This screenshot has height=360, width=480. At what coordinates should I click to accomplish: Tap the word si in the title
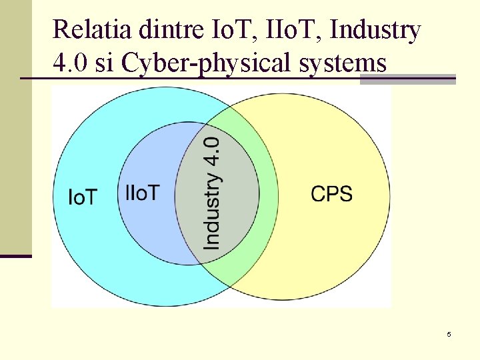coord(105,63)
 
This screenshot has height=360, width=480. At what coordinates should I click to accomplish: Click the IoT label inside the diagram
coord(83,197)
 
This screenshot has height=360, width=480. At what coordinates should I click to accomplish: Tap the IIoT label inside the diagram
coord(142,193)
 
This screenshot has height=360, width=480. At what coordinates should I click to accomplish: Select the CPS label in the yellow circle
coord(331,194)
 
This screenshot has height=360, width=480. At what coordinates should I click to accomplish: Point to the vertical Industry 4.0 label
coord(212,193)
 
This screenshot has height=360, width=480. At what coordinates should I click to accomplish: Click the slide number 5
coord(449,334)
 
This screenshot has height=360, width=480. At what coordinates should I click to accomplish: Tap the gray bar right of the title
coord(407,79)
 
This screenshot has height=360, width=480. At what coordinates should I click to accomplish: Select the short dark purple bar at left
coord(15,255)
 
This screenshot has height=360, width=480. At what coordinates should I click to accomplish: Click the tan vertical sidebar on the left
coord(15,127)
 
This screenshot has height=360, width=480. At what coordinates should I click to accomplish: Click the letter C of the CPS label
coord(318,194)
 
